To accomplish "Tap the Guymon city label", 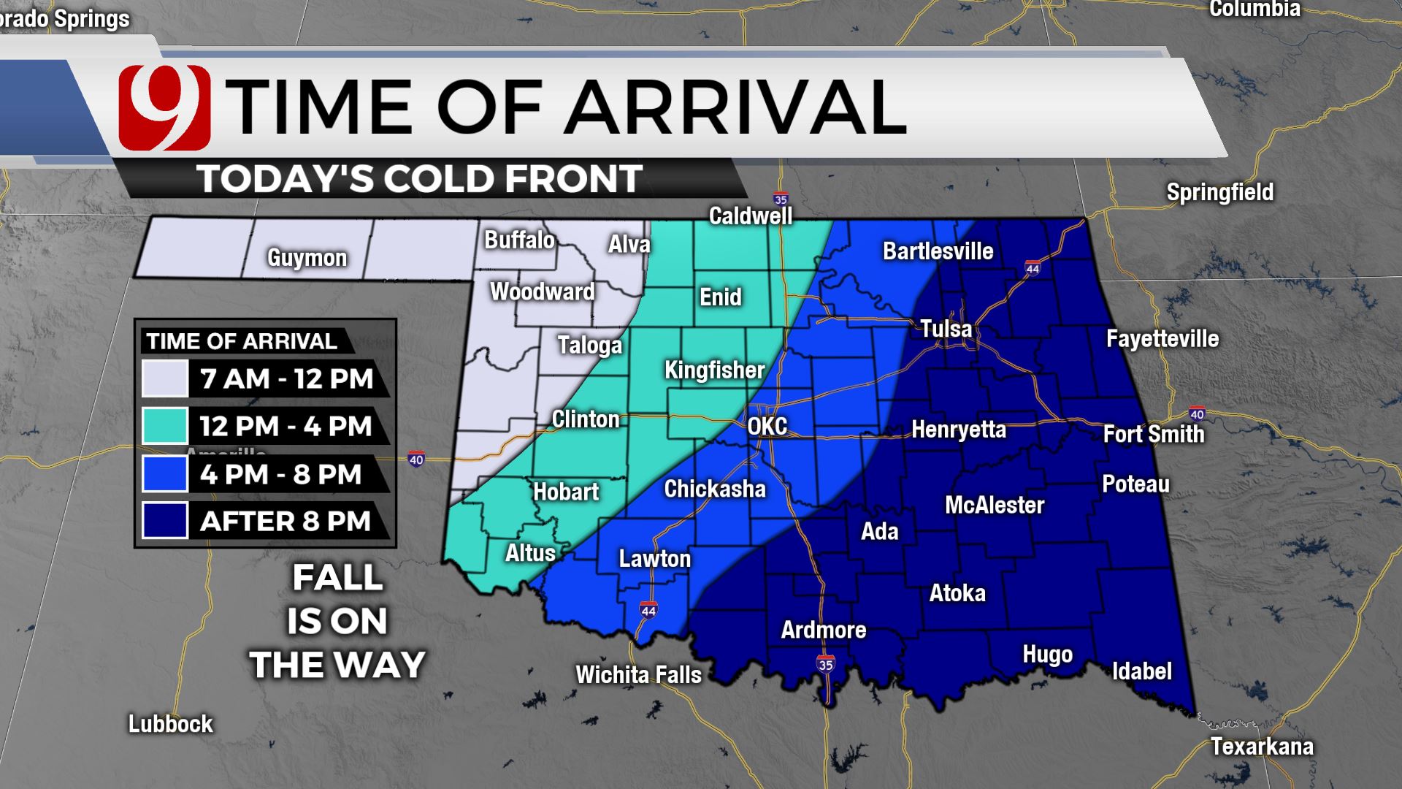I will [307, 258].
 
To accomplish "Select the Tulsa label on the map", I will [946, 329].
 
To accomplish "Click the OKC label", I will [767, 426].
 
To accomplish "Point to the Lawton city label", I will [654, 559].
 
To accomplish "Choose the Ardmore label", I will [823, 630].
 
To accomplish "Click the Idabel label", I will [1141, 671].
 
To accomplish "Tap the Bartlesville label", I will [938, 251].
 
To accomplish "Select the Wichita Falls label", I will [638, 674].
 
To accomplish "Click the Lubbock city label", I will [170, 724].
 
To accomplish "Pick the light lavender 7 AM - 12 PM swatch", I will [165, 378].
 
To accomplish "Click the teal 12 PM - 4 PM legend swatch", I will [165, 426].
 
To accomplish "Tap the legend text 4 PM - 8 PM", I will [280, 474].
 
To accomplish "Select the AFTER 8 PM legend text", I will [285, 522].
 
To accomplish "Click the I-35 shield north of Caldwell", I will [781, 199].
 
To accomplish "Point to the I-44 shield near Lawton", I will [648, 610].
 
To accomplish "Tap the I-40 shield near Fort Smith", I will [1196, 414].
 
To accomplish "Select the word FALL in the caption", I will [337, 578].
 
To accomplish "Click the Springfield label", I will [1219, 192].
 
